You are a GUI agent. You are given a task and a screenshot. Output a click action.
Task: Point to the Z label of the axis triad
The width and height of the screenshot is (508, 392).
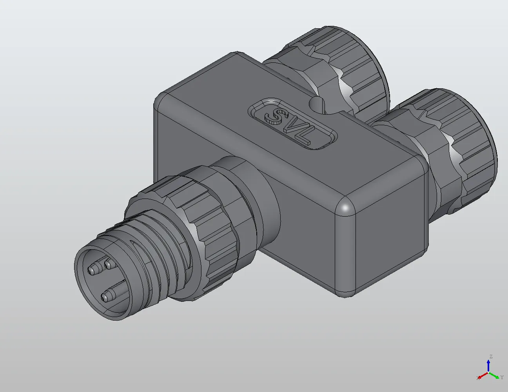click(490, 357)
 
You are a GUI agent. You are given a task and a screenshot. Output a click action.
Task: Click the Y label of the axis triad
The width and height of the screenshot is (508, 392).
click(502, 377)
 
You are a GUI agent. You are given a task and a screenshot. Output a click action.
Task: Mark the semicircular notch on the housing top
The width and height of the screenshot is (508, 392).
click(318, 105)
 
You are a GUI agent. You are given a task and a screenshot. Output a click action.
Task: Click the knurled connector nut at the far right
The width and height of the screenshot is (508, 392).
click(459, 149)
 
